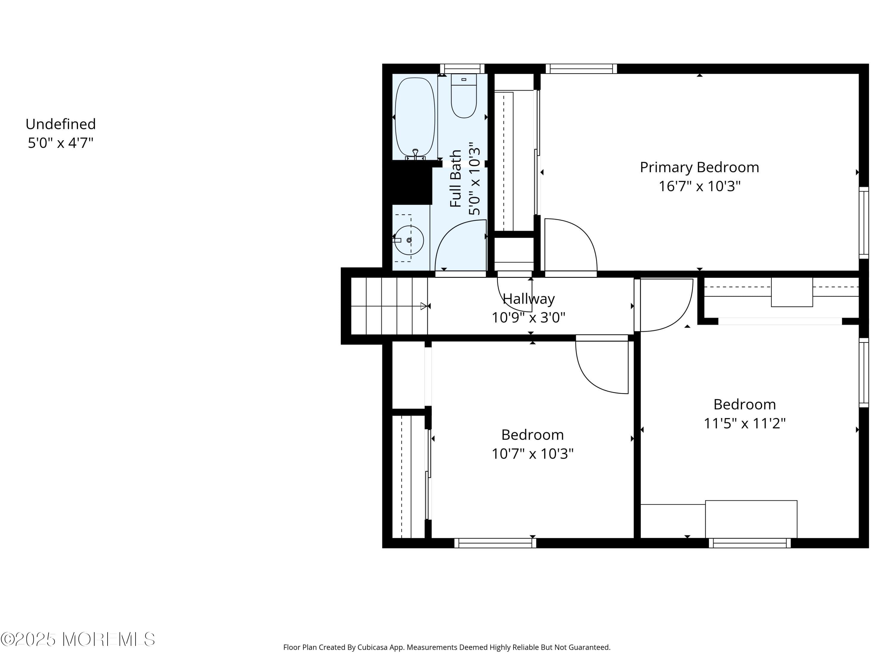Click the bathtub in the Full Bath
415,117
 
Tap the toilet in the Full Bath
464,97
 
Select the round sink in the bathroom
409,240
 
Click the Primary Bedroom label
699,167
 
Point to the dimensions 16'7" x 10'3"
699,186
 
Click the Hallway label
528,299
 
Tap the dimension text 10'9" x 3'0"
528,318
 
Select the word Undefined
60,124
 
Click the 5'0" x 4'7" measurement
60,143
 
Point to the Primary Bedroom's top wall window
581,69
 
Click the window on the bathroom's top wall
462,69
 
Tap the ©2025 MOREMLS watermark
77,639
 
